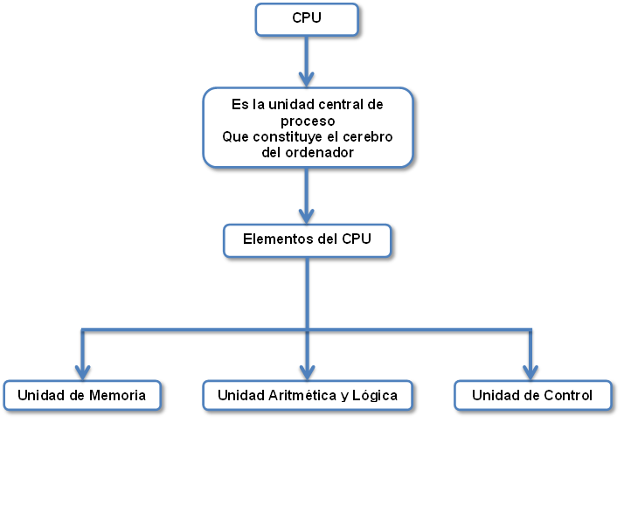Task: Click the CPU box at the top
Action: tap(307, 19)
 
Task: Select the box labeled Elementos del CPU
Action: tap(307, 240)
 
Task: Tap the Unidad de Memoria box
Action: tap(83, 395)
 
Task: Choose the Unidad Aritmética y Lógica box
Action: tap(307, 395)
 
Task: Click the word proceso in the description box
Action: tap(308, 121)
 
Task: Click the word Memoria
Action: tap(117, 395)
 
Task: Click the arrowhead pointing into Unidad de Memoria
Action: tap(83, 371)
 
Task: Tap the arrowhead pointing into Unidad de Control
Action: tap(530, 371)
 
